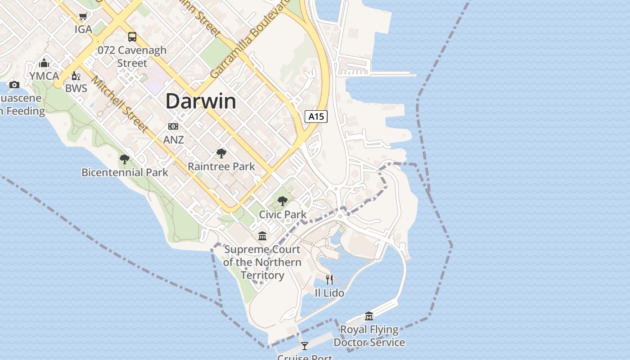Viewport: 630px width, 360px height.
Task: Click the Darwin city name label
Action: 201,102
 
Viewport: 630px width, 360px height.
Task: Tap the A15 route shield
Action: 316,117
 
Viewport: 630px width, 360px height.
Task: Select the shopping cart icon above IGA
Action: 83,17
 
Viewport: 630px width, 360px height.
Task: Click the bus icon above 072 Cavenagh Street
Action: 132,37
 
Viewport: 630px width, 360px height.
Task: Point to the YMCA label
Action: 45,76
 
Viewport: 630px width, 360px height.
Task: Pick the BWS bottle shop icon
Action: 76,76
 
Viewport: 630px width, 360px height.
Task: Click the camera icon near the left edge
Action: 14,85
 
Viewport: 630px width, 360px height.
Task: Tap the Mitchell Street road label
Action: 120,104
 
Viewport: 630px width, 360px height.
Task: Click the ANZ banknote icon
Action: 173,126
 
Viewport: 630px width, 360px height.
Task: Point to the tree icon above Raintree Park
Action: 221,153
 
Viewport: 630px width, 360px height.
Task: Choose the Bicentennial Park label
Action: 125,172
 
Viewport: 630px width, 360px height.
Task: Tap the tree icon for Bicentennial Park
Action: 125,159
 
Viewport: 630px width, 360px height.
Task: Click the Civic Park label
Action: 283,215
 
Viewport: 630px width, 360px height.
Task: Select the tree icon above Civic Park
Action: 283,201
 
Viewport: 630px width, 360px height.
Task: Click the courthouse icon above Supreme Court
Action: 262,236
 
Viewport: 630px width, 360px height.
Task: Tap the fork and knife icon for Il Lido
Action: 329,280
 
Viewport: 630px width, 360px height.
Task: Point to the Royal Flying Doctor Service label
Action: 369,336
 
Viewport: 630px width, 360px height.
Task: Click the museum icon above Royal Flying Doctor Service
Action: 369,316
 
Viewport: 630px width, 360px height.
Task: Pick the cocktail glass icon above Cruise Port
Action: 305,346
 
